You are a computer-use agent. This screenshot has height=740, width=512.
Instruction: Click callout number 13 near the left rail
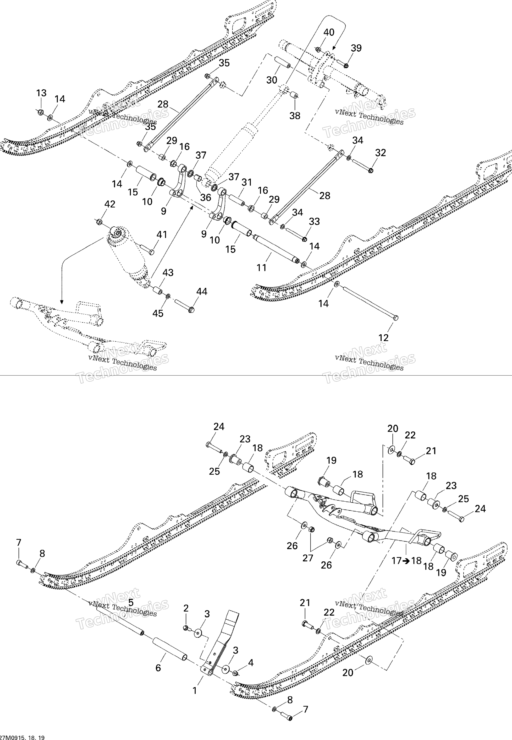41,93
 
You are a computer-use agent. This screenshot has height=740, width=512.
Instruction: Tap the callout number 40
329,32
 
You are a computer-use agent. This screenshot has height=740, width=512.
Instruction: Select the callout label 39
356,48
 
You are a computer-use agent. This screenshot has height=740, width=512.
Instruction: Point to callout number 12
383,338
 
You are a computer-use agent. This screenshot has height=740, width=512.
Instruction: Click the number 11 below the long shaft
261,268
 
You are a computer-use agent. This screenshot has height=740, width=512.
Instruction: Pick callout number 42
110,204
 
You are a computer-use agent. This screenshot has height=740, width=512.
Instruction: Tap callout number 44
202,291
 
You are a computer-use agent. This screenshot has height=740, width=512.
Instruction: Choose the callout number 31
247,182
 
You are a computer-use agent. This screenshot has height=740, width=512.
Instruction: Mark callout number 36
206,198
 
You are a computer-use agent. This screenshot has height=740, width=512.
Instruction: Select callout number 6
158,668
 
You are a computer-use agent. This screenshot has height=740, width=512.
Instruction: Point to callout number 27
308,558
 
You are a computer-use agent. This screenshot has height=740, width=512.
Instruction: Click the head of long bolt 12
396,317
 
